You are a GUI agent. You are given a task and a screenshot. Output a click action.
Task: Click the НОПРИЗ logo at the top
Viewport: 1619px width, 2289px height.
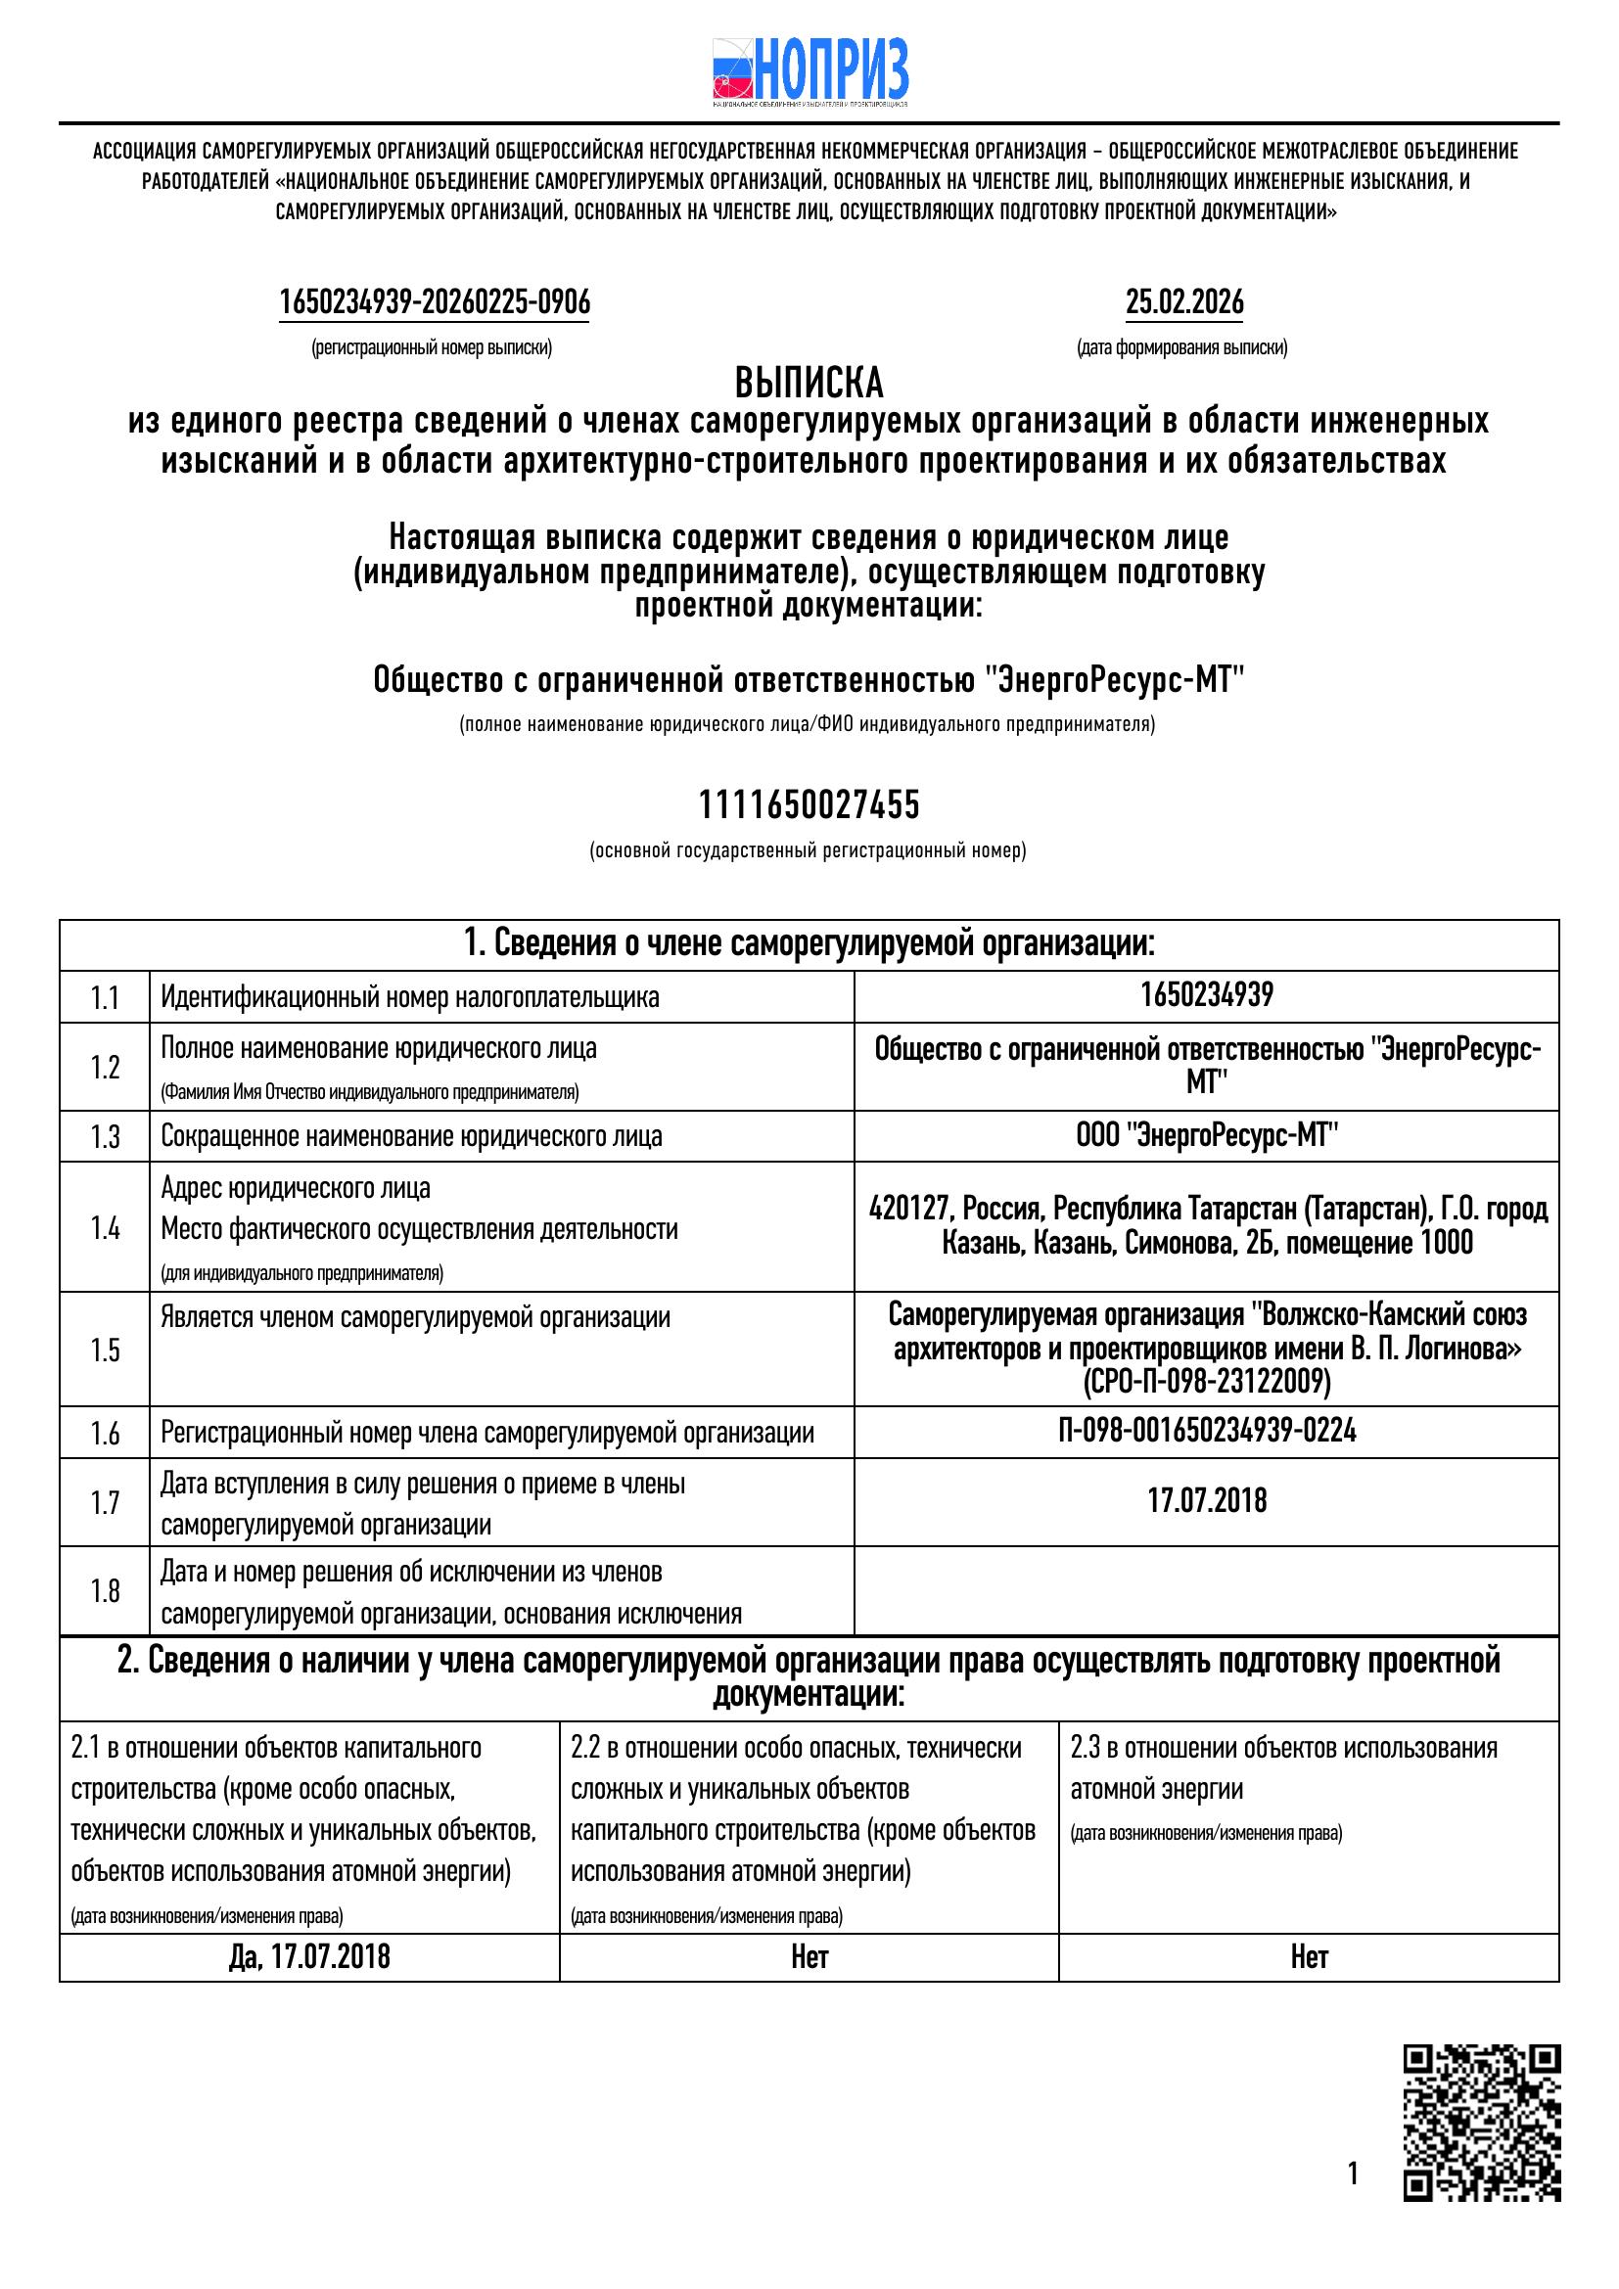(x=809, y=71)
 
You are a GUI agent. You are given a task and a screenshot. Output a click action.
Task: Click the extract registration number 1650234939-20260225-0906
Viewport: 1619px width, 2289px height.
(x=435, y=302)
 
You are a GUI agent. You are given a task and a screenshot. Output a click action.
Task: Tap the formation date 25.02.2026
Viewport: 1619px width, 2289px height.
(x=1184, y=302)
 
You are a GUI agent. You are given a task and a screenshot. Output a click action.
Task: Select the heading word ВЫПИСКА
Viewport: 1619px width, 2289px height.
(x=809, y=384)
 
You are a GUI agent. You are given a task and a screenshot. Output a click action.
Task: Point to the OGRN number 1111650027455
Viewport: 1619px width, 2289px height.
(x=809, y=804)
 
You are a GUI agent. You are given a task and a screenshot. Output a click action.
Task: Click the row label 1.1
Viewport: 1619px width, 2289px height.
(x=105, y=998)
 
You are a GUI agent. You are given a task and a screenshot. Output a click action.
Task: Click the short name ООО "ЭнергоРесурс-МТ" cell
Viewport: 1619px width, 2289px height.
(x=1206, y=1135)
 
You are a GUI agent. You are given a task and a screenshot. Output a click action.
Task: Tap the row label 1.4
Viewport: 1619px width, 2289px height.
(x=105, y=1228)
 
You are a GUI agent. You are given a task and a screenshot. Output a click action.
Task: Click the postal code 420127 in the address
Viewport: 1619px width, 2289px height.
(x=907, y=1211)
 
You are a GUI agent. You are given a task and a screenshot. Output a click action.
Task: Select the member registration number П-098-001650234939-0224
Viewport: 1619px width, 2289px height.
(x=1206, y=1433)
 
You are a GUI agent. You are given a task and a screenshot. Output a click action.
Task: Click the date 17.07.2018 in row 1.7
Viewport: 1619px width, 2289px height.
(x=1206, y=1501)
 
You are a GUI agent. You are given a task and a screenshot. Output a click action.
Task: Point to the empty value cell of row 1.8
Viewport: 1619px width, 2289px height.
(x=1206, y=1590)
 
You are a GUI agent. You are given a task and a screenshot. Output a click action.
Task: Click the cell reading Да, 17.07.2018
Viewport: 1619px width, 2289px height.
(x=309, y=1957)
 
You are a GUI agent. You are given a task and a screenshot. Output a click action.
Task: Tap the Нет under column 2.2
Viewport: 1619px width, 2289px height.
(x=809, y=1957)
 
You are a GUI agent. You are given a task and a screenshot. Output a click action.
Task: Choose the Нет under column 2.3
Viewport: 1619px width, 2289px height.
(x=1308, y=1957)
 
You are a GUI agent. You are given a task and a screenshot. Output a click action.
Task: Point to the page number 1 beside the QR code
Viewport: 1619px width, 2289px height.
(x=1353, y=2174)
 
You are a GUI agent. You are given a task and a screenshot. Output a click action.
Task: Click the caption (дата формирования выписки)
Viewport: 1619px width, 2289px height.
(x=1181, y=348)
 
